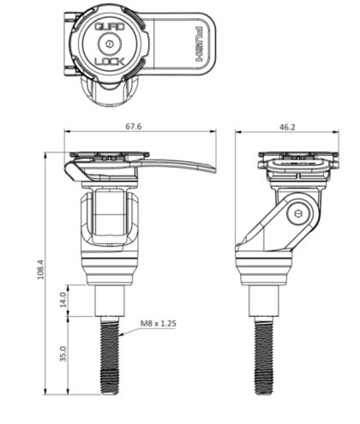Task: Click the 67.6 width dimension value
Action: click(132, 126)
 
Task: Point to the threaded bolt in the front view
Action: click(111, 355)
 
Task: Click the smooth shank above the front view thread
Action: click(111, 300)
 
